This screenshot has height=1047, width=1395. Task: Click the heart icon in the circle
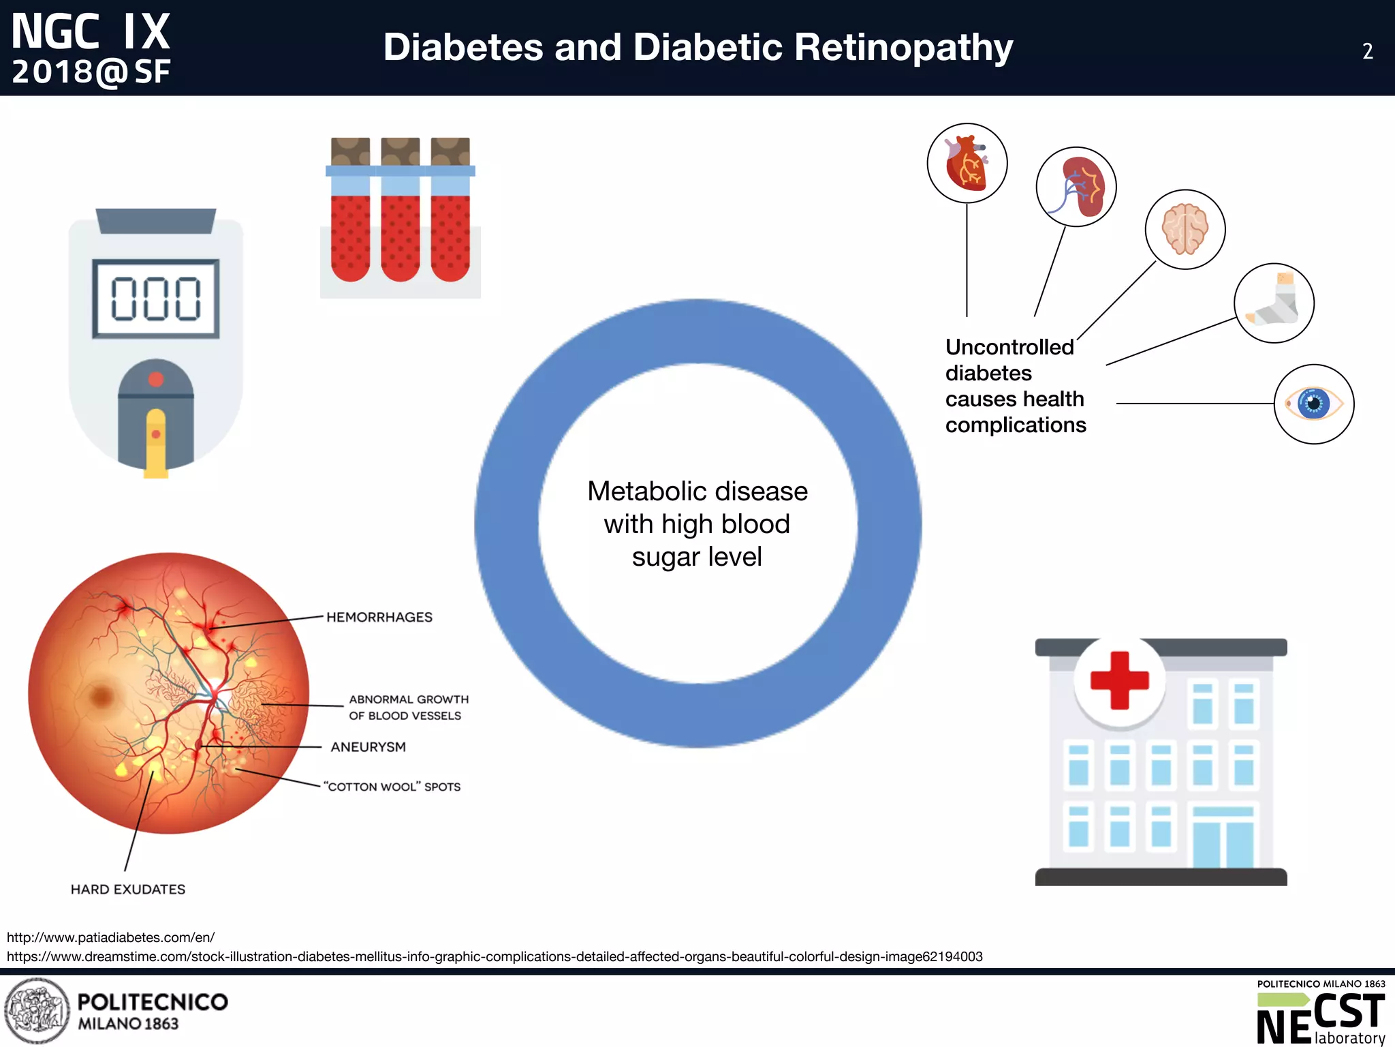click(x=967, y=163)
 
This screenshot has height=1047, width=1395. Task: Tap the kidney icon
click(x=1076, y=187)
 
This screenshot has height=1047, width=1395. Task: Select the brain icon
click(x=1185, y=229)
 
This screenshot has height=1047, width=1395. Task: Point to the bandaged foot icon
click(x=1274, y=303)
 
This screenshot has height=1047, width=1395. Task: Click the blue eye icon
click(x=1314, y=404)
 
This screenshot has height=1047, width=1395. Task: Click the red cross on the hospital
click(x=1120, y=680)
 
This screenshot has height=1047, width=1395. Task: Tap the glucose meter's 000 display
click(x=156, y=299)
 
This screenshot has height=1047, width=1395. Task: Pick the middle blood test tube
click(x=401, y=211)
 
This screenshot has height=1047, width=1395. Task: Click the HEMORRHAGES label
click(x=379, y=617)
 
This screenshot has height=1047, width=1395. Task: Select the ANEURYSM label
click(x=369, y=747)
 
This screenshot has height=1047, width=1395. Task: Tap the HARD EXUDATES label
click(x=128, y=890)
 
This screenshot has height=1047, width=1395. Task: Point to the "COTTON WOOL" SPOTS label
click(x=392, y=787)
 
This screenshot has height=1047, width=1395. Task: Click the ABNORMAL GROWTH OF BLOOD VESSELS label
click(x=409, y=708)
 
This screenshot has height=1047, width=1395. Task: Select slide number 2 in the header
click(x=1367, y=52)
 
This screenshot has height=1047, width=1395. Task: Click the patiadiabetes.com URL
click(x=111, y=937)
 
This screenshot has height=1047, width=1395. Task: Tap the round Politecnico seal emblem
click(x=37, y=1011)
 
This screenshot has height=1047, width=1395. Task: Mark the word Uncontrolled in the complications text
click(x=1009, y=347)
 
